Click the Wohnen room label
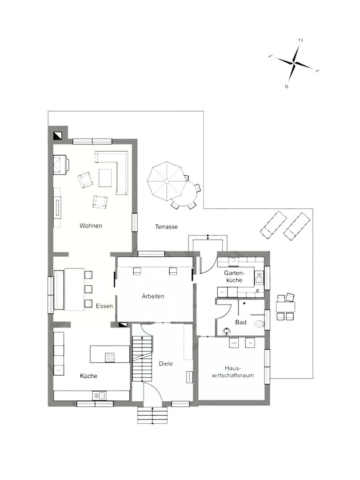[91, 226]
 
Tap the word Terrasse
[166, 227]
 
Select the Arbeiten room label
[153, 296]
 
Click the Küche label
[88, 376]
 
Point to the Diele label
[165, 364]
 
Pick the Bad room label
[241, 322]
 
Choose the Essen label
[104, 306]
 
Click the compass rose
[294, 63]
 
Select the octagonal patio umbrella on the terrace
[167, 181]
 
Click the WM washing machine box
[234, 343]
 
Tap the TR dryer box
[250, 343]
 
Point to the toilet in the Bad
[259, 324]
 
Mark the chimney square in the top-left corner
[57, 136]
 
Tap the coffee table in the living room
[105, 178]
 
